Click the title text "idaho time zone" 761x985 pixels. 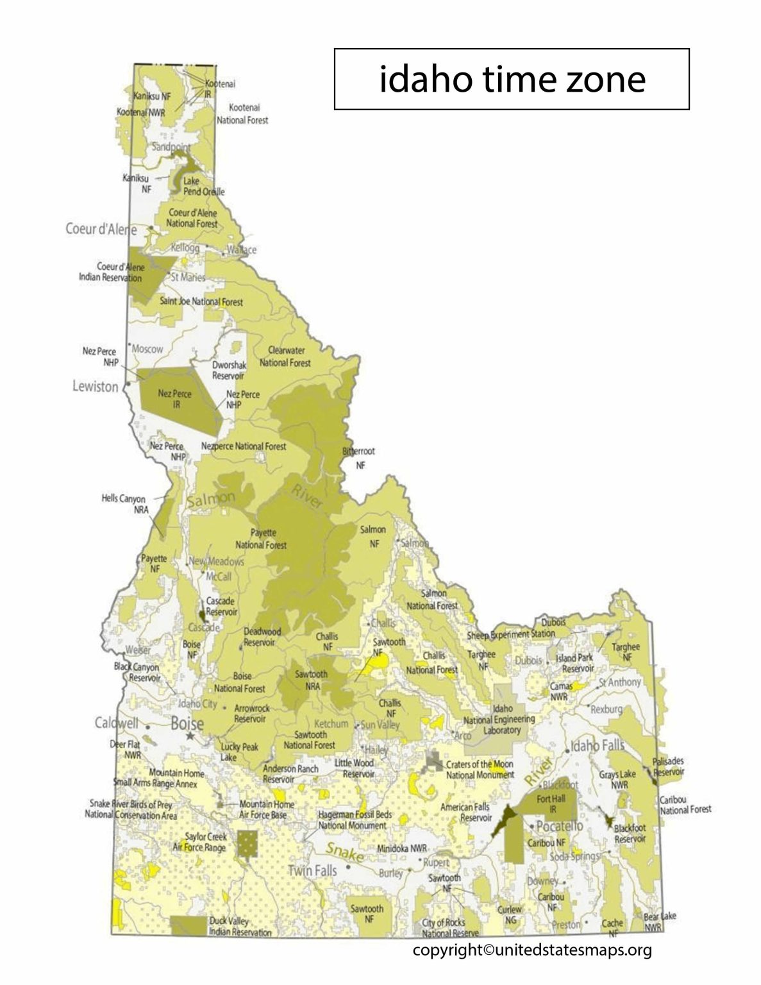tap(512, 80)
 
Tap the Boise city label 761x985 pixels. tap(187, 723)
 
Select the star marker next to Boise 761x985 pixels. tap(189, 737)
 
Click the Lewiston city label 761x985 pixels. tap(96, 387)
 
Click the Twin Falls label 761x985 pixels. tap(312, 871)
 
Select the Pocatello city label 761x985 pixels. tap(560, 825)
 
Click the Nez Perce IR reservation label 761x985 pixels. tap(174, 399)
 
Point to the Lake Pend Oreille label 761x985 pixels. tap(203, 187)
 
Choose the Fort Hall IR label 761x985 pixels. tap(551, 804)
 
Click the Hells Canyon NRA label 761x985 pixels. tap(124, 504)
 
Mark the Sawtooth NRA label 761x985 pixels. tap(311, 680)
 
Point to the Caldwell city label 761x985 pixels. tap(117, 723)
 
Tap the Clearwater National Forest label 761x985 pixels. tap(285, 357)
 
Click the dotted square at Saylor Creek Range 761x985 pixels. tap(246, 845)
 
